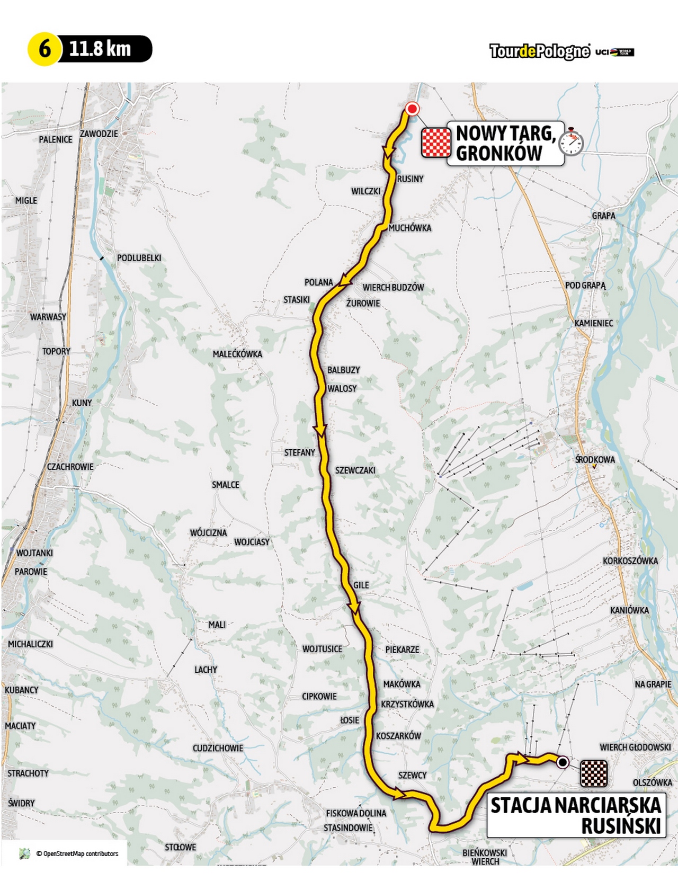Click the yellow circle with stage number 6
44,49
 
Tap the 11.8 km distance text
100,49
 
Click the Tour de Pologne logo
539,51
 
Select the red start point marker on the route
412,109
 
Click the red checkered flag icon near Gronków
435,143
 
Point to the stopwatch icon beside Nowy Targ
572,142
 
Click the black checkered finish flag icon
594,773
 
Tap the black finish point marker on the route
563,762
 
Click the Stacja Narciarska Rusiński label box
575,815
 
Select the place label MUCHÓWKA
409,228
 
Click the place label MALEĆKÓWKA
237,354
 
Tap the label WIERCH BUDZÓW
393,287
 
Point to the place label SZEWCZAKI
355,470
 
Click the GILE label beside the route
361,585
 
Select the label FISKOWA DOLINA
356,813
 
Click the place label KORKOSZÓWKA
630,560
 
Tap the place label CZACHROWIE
70,467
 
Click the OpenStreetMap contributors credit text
77,853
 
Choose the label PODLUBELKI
139,258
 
